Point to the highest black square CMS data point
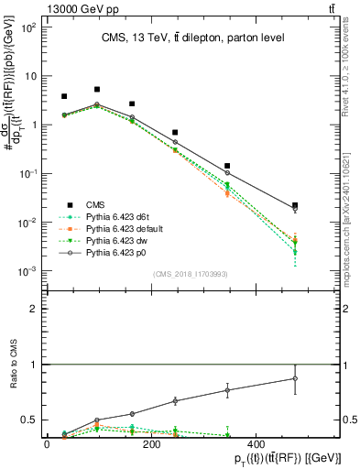coord(97,90)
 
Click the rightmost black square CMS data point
coord(294,206)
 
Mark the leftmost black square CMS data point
coord(64,96)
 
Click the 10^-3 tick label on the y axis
coord(27,271)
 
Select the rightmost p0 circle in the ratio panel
coord(294,378)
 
